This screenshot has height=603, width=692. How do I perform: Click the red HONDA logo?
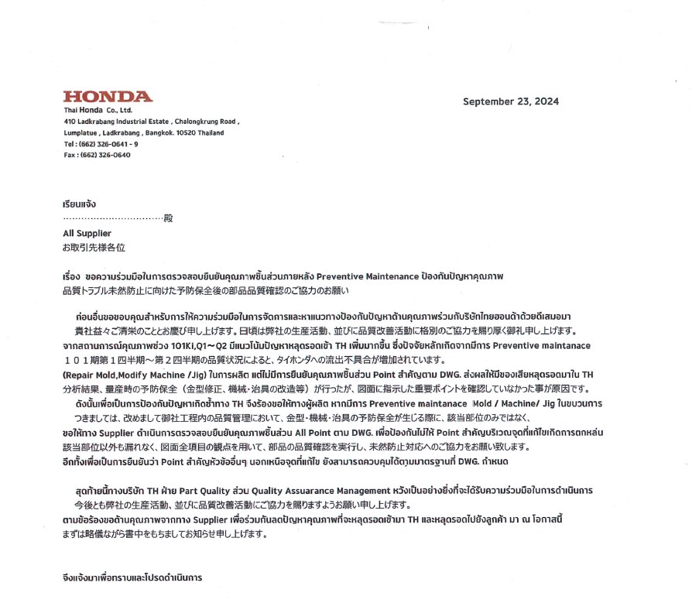pyautogui.click(x=108, y=97)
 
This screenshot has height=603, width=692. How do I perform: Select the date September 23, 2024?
pyautogui.click(x=510, y=101)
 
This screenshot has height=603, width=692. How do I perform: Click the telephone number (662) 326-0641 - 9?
pyautogui.click(x=109, y=144)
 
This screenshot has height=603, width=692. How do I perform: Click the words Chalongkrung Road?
pyautogui.click(x=205, y=122)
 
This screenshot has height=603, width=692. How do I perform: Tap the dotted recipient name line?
pyautogui.click(x=113, y=219)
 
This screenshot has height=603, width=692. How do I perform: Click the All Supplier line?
pyautogui.click(x=87, y=233)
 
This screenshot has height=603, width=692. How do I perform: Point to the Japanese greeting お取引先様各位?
pyautogui.click(x=93, y=248)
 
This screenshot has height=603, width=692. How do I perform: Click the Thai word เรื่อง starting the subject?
pyautogui.click(x=71, y=276)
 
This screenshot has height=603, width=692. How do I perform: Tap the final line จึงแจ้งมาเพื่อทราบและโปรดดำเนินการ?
pyautogui.click(x=132, y=577)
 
